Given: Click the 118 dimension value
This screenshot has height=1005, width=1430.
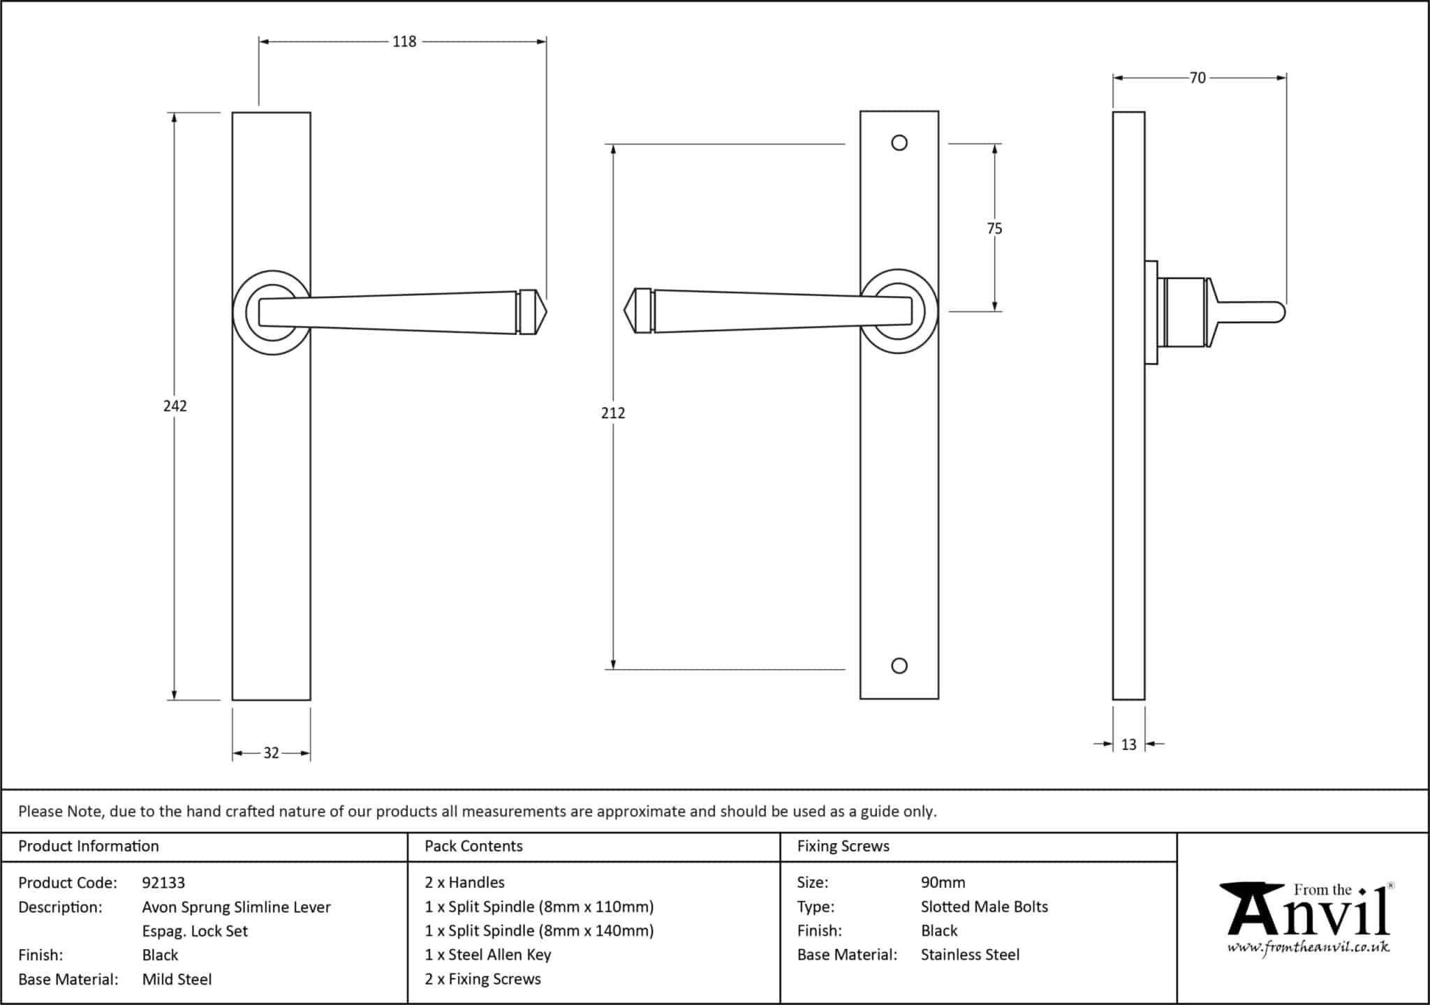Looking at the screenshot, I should click(404, 42).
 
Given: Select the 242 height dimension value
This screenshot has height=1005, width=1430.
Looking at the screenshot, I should click(175, 405).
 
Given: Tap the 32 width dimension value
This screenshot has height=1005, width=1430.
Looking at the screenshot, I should click(271, 753).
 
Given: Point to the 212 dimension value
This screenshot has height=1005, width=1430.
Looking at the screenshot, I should click(612, 413).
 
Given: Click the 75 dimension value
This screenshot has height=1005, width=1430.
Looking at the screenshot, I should click(994, 228).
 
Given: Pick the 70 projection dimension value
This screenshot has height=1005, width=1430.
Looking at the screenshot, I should click(1197, 78).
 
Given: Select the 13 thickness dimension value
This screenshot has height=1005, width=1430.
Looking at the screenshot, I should click(1128, 745).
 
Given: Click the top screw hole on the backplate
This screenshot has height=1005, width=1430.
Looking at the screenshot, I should click(899, 143).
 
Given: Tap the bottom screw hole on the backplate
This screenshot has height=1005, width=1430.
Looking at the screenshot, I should click(899, 666).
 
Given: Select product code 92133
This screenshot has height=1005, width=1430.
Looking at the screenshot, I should click(163, 883).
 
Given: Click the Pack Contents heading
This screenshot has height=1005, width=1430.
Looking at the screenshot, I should click(473, 846).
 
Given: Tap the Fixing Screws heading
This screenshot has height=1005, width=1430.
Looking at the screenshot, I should click(843, 846).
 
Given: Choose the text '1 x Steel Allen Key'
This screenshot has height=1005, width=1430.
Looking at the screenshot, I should click(487, 955).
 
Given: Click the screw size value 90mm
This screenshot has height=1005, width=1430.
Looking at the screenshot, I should click(943, 883).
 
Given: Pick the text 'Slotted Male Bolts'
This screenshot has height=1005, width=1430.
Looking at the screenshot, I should click(984, 907).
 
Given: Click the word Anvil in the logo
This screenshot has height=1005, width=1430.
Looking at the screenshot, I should click(1309, 914).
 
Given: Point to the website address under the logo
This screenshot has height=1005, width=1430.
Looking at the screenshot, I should click(1308, 948).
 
